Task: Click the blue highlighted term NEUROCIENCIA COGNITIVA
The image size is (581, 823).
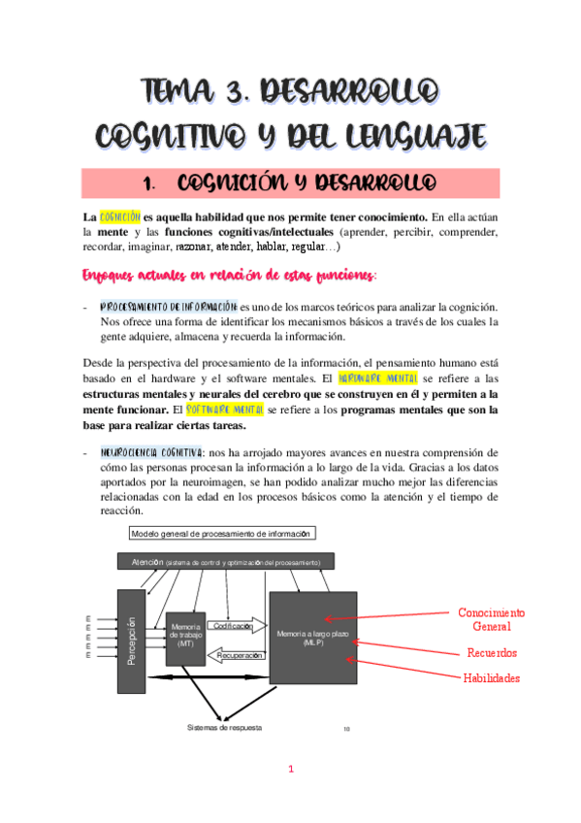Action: pyautogui.click(x=150, y=451)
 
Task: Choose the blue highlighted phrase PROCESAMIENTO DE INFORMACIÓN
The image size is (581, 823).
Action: pyautogui.click(x=168, y=306)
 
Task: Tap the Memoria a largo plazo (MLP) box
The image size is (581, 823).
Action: pyautogui.click(x=312, y=638)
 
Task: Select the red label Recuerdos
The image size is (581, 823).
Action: pyautogui.click(x=492, y=652)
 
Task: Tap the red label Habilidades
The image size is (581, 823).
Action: pyautogui.click(x=492, y=677)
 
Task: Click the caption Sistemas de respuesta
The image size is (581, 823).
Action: pyautogui.click(x=224, y=727)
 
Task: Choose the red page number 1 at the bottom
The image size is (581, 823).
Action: pyautogui.click(x=290, y=770)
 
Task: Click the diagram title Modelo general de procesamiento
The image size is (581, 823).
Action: pyautogui.click(x=221, y=534)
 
